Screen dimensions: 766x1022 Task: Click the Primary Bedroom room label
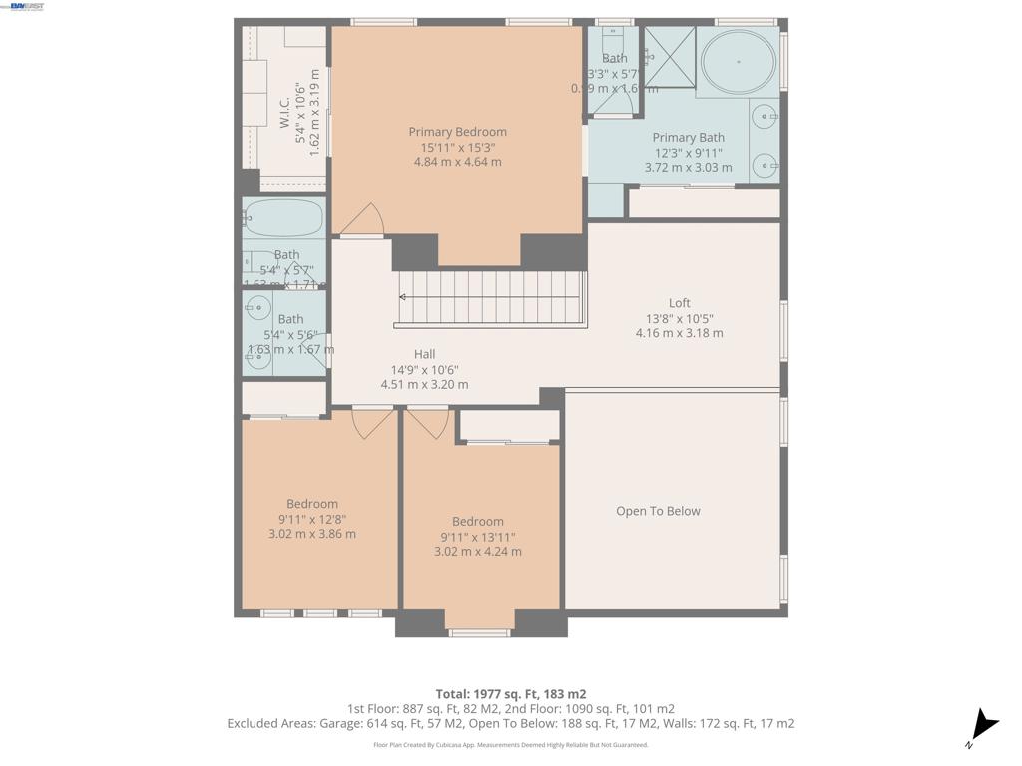coord(457,132)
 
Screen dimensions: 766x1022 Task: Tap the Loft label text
coord(679,303)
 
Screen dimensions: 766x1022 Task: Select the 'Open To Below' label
coord(658,511)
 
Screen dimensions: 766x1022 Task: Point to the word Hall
coord(424,354)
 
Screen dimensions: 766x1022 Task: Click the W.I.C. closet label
coord(285,111)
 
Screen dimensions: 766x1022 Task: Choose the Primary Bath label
coord(688,138)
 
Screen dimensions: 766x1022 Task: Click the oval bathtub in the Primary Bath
coord(739,61)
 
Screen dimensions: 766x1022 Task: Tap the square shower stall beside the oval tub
coord(668,57)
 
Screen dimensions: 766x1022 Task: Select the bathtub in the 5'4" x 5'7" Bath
coord(283,217)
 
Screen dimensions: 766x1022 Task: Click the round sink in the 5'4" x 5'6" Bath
coord(258,307)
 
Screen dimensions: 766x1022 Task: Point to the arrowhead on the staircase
coord(402,296)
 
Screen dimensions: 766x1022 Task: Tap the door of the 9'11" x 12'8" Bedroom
coord(372,423)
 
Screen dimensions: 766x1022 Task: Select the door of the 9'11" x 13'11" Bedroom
coord(428,423)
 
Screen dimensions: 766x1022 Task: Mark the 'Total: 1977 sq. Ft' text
coord(510,694)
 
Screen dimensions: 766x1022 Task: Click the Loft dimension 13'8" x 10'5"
coord(679,319)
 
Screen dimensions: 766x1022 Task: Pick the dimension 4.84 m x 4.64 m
coord(457,162)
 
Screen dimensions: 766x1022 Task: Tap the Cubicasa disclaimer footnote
coord(510,745)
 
